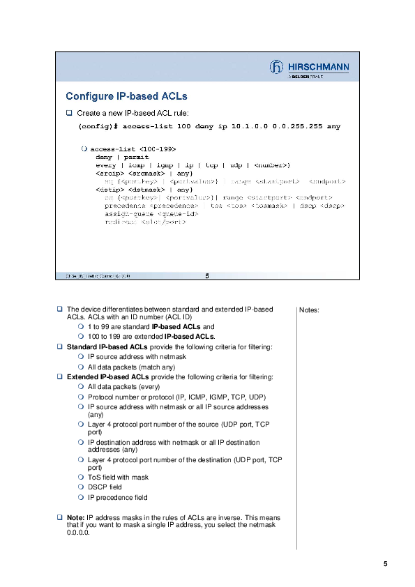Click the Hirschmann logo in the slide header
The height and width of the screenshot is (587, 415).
pos(309,68)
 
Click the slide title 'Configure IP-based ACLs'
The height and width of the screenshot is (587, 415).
pos(126,96)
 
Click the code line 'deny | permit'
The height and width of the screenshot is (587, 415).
pos(117,157)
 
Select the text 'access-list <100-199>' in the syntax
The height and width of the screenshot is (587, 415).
pos(133,149)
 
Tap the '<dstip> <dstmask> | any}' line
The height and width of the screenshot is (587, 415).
pos(144,189)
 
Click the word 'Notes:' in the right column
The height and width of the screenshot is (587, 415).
pos(308,310)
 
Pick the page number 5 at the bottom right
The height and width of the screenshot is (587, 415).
pos(385,564)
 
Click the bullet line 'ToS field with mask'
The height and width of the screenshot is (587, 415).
pos(118,478)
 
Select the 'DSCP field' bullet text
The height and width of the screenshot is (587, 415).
pos(105,487)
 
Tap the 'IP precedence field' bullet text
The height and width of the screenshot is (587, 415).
pos(117,498)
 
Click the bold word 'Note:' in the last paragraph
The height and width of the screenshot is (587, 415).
pos(75,518)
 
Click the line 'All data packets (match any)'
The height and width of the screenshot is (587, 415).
pos(131,367)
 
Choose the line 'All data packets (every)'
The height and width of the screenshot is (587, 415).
pos(123,386)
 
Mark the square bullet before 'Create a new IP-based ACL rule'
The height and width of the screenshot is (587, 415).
pos(69,112)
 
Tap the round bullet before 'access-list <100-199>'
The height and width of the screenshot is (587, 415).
pos(84,149)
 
